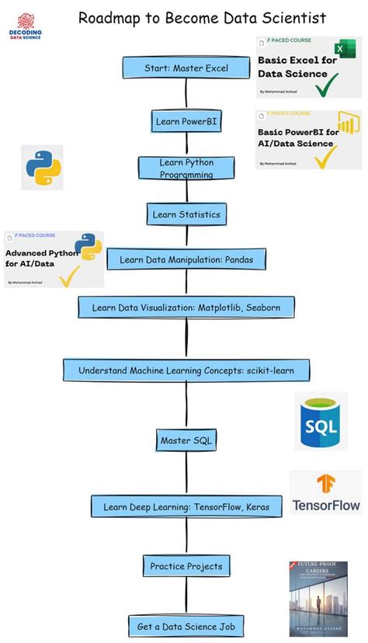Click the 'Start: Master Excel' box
click(186, 68)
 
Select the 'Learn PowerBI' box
click(186, 121)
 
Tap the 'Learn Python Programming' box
click(186, 169)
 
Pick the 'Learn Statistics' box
click(186, 214)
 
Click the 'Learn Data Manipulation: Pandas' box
click(186, 260)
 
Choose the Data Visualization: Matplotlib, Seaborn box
click(186, 308)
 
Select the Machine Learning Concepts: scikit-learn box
click(186, 370)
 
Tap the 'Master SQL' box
click(186, 440)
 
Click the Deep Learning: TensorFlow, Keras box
click(186, 507)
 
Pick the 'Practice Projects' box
click(186, 566)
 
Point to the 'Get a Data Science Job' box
click(186, 626)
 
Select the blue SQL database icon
click(320, 422)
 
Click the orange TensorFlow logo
click(325, 485)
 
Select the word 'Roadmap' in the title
click(110, 18)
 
